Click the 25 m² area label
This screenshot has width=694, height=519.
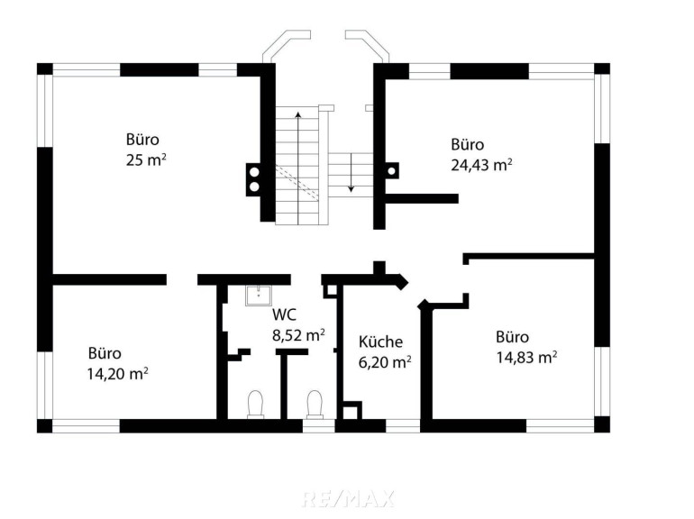(x=146, y=159)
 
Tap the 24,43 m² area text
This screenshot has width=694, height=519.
(x=481, y=165)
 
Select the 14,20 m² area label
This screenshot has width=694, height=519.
(x=117, y=374)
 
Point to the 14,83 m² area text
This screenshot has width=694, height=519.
(x=526, y=357)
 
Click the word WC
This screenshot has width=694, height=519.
(x=284, y=314)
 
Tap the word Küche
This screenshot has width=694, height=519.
(x=380, y=341)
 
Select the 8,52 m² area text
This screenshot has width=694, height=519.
(x=298, y=335)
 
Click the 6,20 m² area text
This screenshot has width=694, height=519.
(x=385, y=362)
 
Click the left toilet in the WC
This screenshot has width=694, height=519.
(x=255, y=405)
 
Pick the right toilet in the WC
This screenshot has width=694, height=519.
(x=315, y=405)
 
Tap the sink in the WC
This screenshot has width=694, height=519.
(x=258, y=296)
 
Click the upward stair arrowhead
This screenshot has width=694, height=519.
(x=298, y=115)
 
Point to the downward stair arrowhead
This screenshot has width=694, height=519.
(x=351, y=188)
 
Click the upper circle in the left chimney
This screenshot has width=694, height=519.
(x=254, y=171)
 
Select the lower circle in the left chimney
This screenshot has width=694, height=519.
(x=254, y=187)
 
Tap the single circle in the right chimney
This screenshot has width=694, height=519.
(x=391, y=171)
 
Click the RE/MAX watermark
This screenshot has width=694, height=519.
(x=347, y=498)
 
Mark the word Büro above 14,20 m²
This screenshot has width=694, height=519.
(x=105, y=353)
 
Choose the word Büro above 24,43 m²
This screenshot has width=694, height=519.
(x=468, y=144)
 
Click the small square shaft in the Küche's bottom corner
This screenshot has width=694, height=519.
(x=352, y=411)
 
